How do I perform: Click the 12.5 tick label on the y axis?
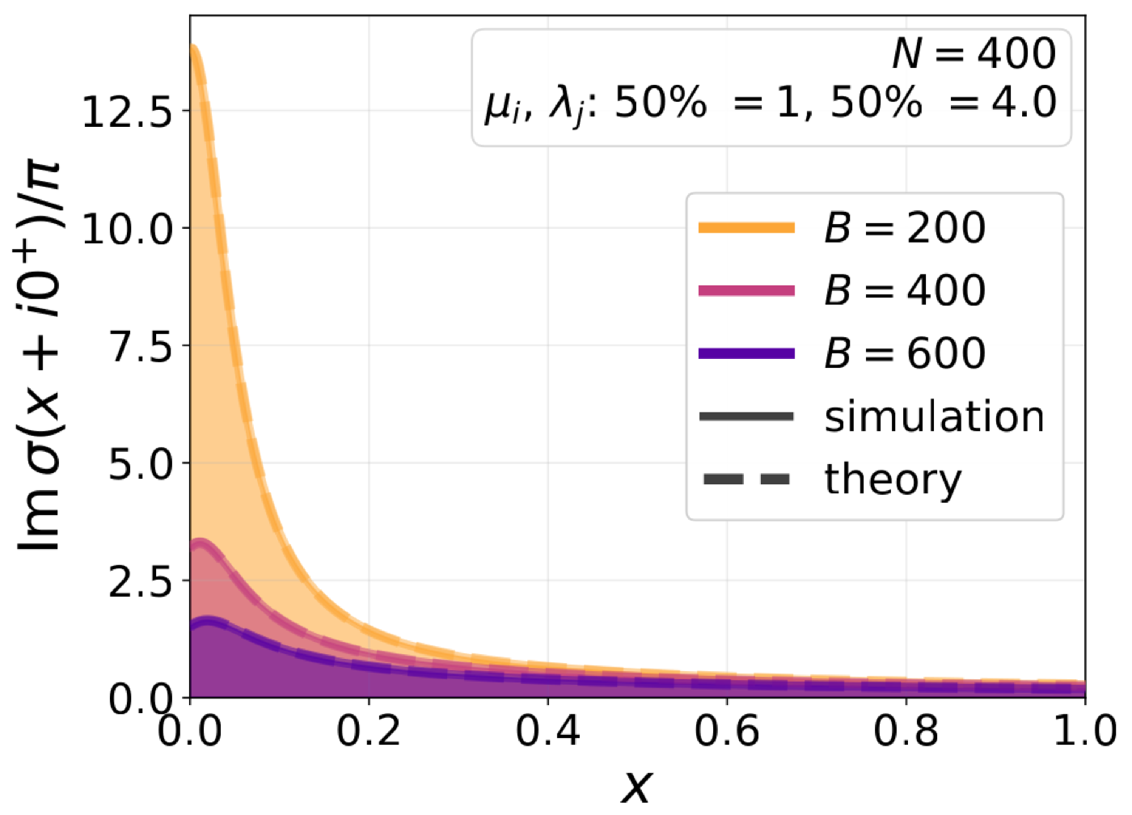129,111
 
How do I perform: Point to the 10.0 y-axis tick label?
129,228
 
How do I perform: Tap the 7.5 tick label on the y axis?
141,345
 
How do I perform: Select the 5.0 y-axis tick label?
141,462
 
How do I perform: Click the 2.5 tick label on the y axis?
141,581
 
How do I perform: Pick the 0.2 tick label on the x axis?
369,731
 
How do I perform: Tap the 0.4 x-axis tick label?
548,731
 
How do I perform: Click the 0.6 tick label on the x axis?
727,731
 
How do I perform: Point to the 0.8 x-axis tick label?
906,731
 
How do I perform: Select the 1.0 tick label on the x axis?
1085,731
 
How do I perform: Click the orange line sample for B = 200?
746,228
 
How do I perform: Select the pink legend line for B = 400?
746,290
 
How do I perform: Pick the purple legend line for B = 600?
746,353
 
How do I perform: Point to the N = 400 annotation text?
974,53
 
